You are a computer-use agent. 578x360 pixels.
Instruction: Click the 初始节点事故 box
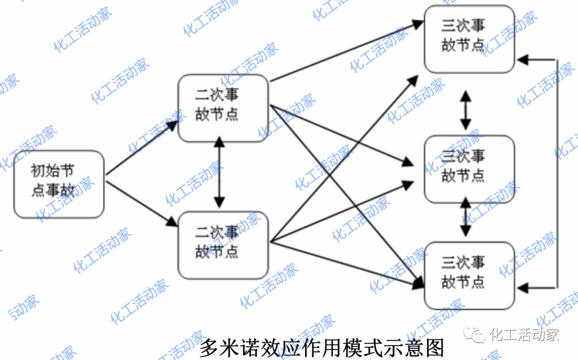59,184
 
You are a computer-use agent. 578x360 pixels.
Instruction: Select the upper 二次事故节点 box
223,108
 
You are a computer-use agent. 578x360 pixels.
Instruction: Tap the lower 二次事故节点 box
223,244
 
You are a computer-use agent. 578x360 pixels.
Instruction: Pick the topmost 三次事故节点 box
469,39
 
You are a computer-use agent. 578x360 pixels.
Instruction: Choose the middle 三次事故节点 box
469,169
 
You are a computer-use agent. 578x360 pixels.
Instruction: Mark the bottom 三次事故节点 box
469,275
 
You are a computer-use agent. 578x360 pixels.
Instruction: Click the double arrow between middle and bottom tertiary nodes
466,217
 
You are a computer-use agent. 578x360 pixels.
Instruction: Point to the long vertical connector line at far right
558,171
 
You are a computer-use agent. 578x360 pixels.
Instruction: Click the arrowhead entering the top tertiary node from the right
524,59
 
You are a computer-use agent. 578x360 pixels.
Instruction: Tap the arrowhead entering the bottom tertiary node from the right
524,288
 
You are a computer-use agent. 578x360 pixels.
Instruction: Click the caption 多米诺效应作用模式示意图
322,348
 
